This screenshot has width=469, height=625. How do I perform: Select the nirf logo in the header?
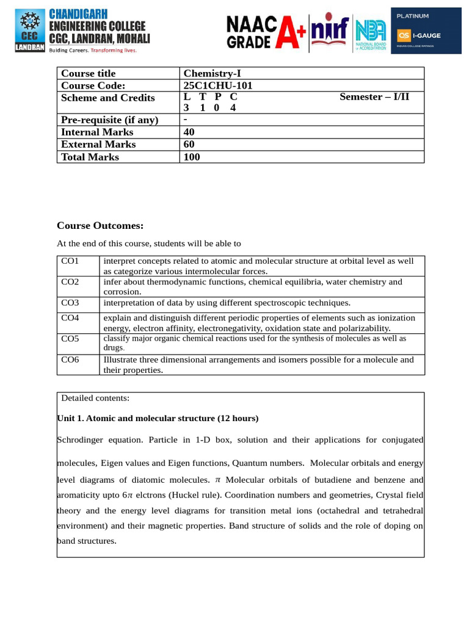pos(329,31)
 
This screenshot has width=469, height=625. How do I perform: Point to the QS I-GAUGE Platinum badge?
pos(426,31)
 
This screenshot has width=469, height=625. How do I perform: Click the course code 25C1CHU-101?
pos(218,85)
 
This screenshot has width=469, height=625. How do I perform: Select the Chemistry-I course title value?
pos(212,73)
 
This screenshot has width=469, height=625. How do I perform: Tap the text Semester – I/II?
pos(374,97)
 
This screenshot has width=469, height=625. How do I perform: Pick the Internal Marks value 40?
pos(191,132)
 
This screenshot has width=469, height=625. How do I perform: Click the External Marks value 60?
pos(191,144)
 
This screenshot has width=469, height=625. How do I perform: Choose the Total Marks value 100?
pos(192,157)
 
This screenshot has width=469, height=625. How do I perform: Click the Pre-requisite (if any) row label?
pos(109,120)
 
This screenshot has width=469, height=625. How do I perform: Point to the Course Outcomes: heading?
pos(100,226)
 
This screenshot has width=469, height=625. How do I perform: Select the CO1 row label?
pos(70,261)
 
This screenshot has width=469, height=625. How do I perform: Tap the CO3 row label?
pos(70,303)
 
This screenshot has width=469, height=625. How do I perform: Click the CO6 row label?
pos(70,359)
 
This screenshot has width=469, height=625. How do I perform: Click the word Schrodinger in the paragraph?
pos(81,439)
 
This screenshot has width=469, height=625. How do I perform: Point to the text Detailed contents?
pos(95,398)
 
